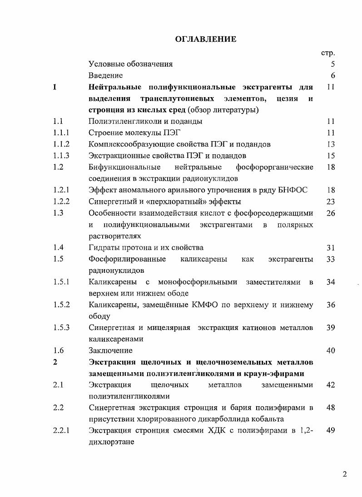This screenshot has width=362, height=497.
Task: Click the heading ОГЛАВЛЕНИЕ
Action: point(206,39)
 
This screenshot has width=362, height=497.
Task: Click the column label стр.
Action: point(328,53)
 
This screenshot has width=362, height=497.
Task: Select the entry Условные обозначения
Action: point(130,64)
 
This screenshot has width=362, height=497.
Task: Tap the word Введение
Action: point(105,75)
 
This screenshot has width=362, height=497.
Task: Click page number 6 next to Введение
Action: point(333,75)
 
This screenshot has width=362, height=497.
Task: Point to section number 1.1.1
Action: point(61,133)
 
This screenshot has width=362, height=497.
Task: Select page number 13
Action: point(331,144)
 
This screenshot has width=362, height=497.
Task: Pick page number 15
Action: point(331,156)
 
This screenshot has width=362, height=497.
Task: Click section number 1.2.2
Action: point(61,202)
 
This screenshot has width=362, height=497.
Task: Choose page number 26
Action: point(331,213)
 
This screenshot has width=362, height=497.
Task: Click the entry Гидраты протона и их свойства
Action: point(146,247)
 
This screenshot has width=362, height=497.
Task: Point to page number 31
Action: point(331,247)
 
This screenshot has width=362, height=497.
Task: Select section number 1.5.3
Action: point(61,328)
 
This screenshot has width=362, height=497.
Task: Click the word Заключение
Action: point(110,350)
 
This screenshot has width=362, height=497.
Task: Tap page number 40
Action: point(331,350)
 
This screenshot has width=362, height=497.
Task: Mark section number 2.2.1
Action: point(61,431)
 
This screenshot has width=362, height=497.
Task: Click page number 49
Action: point(331,431)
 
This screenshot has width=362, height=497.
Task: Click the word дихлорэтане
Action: point(111,442)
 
